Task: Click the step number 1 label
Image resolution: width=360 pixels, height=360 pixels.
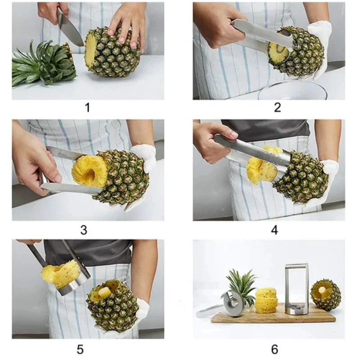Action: [x=87, y=108]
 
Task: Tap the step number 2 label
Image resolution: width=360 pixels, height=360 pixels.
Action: [x=277, y=107]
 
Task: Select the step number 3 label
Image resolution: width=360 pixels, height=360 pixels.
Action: [x=84, y=229]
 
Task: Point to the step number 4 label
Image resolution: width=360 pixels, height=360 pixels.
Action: [x=274, y=230]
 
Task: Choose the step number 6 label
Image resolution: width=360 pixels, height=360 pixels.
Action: [x=274, y=349]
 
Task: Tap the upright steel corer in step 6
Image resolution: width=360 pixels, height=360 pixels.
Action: [x=297, y=288]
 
